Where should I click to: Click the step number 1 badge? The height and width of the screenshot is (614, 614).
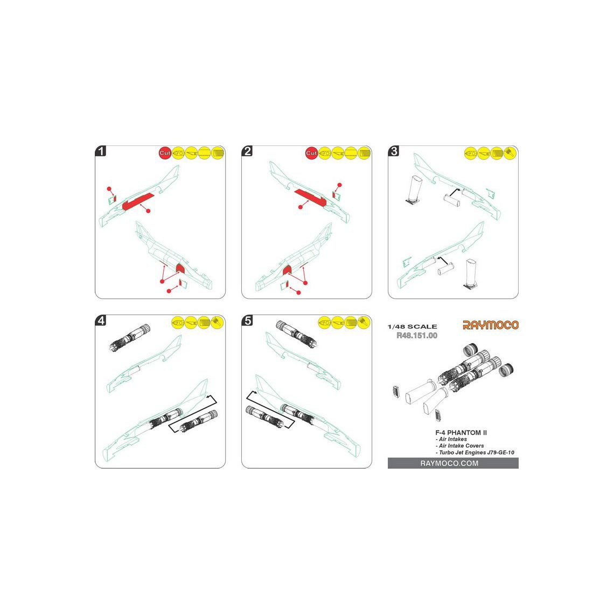pyautogui.click(x=101, y=151)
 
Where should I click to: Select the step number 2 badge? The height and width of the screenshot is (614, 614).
pyautogui.click(x=247, y=151)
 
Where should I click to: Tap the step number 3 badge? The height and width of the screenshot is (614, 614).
pyautogui.click(x=394, y=151)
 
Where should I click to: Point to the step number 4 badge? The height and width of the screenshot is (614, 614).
pyautogui.click(x=101, y=320)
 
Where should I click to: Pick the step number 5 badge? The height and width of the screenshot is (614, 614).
pyautogui.click(x=247, y=320)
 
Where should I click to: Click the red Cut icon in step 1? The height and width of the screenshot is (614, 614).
pyautogui.click(x=165, y=153)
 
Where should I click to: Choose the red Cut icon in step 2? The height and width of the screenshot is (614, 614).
pyautogui.click(x=311, y=153)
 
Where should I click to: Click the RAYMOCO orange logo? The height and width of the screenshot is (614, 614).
pyautogui.click(x=490, y=325)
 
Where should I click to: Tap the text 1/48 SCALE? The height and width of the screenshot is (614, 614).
pyautogui.click(x=413, y=326)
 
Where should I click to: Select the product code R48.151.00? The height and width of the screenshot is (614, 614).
pyautogui.click(x=417, y=336)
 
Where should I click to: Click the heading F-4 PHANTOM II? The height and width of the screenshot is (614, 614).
pyautogui.click(x=461, y=432)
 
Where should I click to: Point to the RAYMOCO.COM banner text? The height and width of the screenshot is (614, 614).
pyautogui.click(x=449, y=463)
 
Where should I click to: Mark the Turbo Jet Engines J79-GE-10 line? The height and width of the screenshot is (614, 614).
pyautogui.click(x=475, y=452)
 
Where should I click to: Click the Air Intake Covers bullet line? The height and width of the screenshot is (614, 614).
pyautogui.click(x=459, y=446)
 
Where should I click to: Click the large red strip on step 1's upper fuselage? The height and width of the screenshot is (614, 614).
pyautogui.click(x=139, y=201)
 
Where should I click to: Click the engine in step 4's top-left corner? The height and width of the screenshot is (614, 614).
pyautogui.click(x=130, y=338)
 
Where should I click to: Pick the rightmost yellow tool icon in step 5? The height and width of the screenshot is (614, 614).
pyautogui.click(x=364, y=323)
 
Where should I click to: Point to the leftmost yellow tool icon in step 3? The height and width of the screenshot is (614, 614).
pyautogui.click(x=470, y=153)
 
